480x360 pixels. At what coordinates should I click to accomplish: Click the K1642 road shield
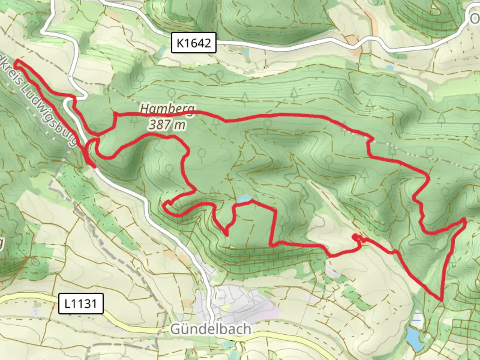click(x=194, y=43)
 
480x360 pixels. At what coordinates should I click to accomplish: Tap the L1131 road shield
click(x=81, y=304)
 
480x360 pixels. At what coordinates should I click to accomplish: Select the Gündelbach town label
click(x=211, y=329)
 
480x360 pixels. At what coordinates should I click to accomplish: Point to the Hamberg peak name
click(x=167, y=109)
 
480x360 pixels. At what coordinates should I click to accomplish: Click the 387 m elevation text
click(x=167, y=125)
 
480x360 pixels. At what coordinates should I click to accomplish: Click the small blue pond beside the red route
click(x=244, y=199)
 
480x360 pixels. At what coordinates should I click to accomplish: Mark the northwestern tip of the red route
click(x=16, y=61)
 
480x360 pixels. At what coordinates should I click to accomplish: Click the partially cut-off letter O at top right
click(x=475, y=19)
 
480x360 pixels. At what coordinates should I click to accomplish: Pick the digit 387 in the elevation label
click(x=160, y=125)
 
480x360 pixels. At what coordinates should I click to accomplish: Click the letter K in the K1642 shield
click(x=180, y=43)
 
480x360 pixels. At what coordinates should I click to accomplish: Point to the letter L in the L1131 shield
click(x=68, y=304)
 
